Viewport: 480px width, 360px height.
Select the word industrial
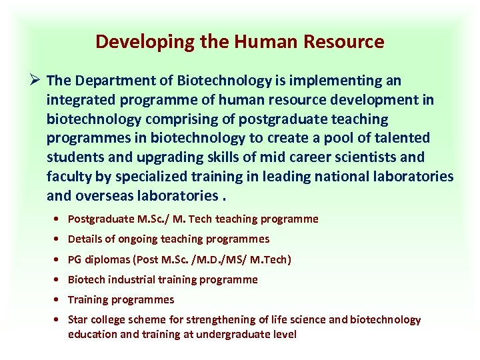(135, 279)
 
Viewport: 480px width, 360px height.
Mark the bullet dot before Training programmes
(61, 300)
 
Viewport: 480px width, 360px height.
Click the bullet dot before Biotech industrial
(61, 280)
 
